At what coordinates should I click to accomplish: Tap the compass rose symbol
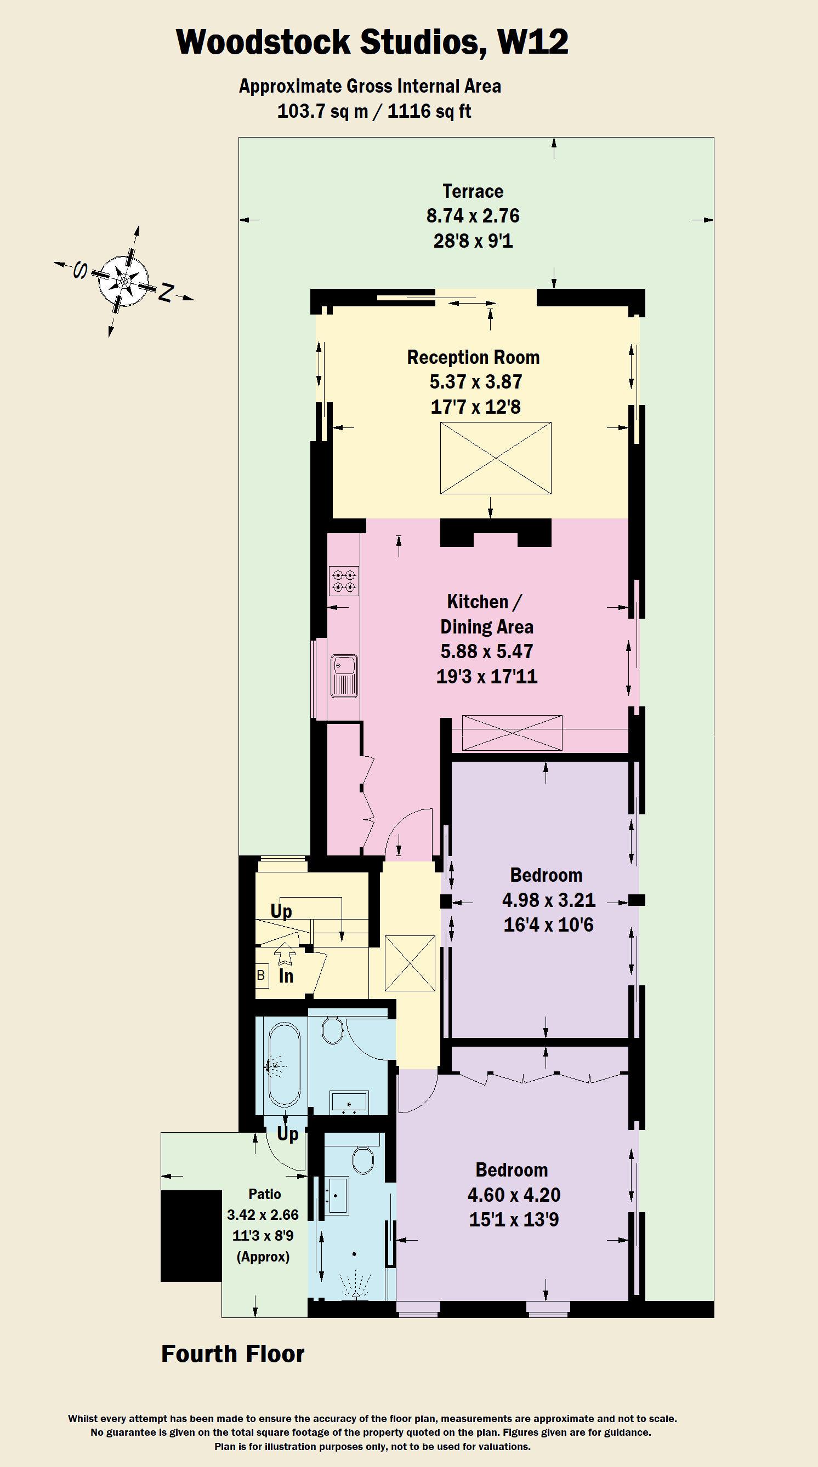[123, 281]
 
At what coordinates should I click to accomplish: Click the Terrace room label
[473, 191]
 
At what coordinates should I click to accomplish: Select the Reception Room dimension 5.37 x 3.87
[476, 381]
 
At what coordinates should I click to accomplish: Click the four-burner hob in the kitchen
[344, 581]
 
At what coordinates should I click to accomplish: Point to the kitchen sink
[344, 676]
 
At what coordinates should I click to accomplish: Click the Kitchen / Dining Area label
[486, 614]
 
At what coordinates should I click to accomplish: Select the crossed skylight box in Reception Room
[496, 458]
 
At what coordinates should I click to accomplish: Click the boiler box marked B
[261, 975]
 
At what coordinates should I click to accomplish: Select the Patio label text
[264, 1194]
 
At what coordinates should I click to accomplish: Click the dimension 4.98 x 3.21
[549, 900]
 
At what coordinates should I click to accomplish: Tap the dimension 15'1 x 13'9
[514, 1219]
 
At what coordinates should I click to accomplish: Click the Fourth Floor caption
[232, 1354]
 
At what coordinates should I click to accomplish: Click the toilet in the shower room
[362, 1159]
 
